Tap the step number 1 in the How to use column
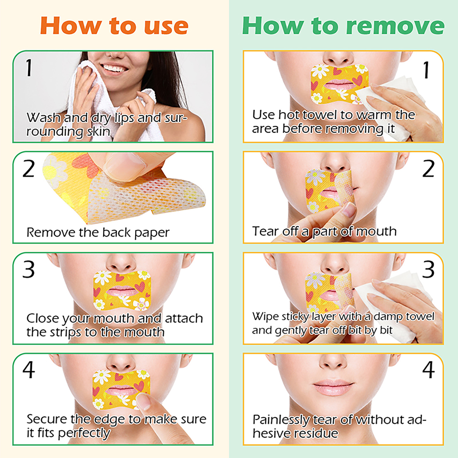point(29,68)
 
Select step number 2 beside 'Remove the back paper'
point(29,169)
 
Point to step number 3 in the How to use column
point(29,269)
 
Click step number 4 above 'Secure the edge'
point(29,370)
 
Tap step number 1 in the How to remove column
point(427,70)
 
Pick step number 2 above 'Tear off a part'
point(428,169)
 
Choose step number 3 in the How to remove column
point(428,269)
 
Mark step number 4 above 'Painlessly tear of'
point(428,370)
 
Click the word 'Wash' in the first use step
point(44,118)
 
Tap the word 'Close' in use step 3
point(43,318)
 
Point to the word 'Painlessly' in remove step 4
point(281,420)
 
